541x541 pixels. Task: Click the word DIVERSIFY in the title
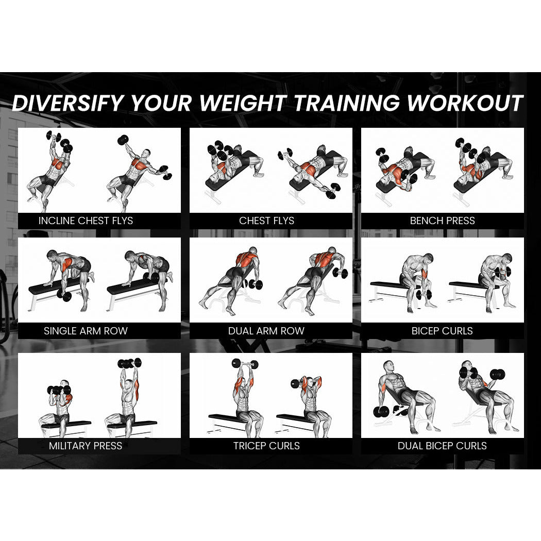(68, 103)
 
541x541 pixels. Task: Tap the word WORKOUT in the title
(465, 103)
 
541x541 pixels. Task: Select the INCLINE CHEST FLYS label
(86, 221)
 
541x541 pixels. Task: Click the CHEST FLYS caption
(266, 221)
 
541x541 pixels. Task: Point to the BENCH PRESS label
(442, 221)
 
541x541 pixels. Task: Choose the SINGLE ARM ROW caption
(86, 331)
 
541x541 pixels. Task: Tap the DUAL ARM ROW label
(266, 331)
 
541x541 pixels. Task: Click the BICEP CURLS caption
(442, 331)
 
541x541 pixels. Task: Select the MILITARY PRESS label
(86, 446)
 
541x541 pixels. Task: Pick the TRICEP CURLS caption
(266, 446)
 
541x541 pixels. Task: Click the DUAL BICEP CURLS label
(442, 446)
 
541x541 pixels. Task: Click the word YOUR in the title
(162, 103)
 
